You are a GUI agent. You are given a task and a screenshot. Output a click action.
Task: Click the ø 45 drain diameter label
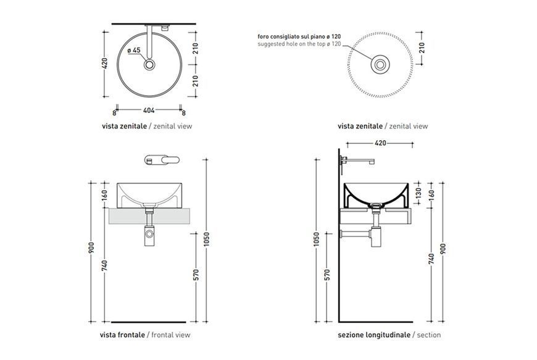click(134, 51)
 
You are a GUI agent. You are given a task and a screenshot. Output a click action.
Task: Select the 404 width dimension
click(149, 111)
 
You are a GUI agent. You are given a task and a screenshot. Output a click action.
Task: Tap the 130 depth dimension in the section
click(418, 193)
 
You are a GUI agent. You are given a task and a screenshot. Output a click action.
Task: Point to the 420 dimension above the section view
click(380, 143)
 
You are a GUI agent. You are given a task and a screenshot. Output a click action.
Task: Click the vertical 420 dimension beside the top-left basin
click(105, 63)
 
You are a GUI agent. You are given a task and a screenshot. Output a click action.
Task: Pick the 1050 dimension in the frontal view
click(207, 239)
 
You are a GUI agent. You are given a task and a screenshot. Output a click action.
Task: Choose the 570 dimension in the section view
click(327, 275)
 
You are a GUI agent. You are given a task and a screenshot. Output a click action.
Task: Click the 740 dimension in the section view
click(431, 258)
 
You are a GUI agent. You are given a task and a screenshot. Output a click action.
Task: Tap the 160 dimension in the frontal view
click(105, 195)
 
